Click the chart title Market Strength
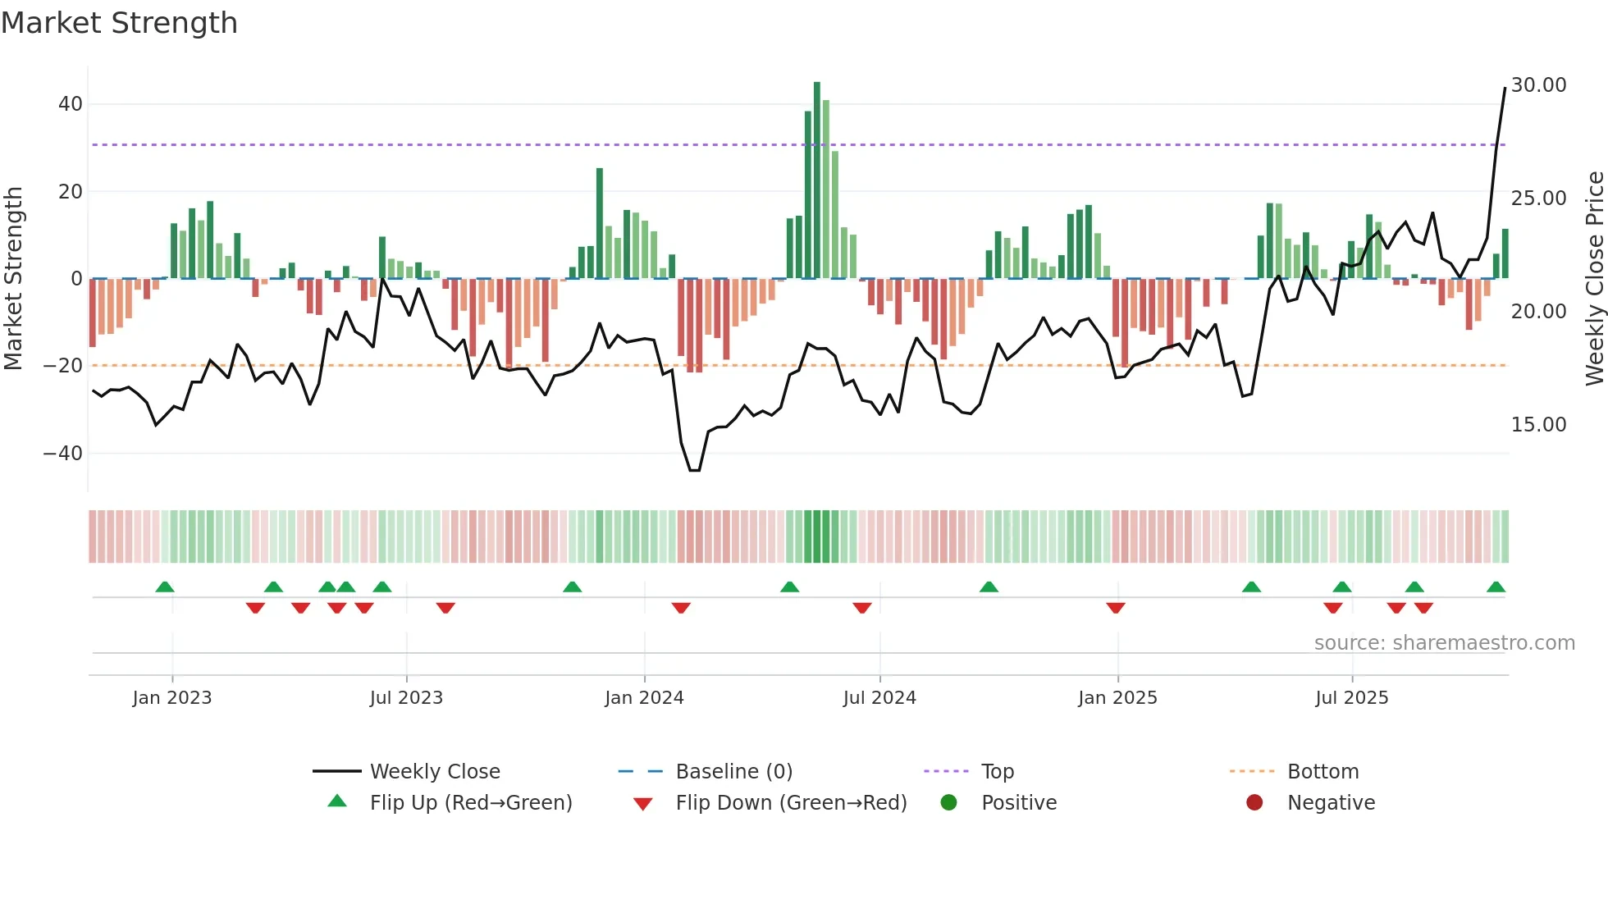point(119,23)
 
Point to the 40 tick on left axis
point(71,104)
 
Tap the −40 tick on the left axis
point(63,453)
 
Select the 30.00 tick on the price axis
point(1538,85)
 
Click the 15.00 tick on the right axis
point(1538,425)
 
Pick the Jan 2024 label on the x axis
point(644,698)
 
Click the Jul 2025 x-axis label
point(1351,698)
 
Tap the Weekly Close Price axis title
point(1594,279)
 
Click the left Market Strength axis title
point(13,279)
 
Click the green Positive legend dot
point(949,803)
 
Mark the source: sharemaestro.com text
point(1444,643)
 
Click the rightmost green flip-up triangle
point(1496,587)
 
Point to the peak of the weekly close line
point(1505,88)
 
